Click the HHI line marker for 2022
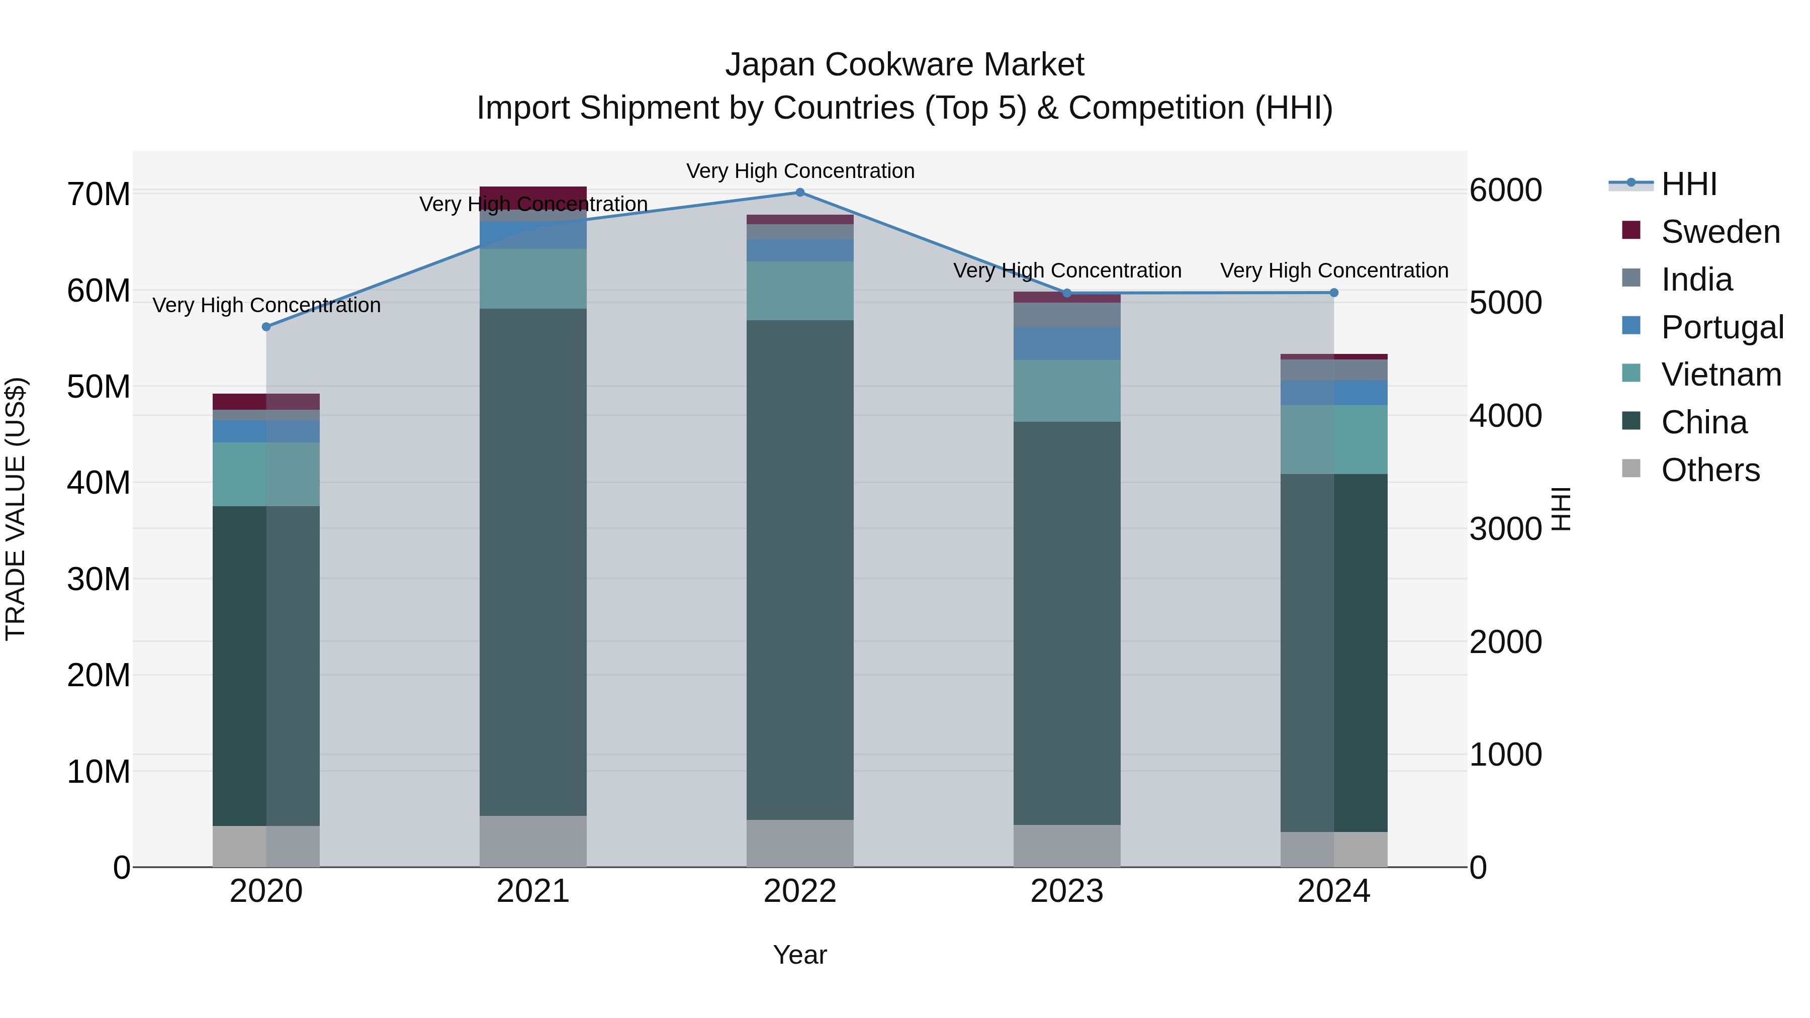799,193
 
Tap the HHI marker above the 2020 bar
266,327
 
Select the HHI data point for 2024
1333,293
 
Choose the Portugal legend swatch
1631,326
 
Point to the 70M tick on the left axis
99,195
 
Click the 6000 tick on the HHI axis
1505,191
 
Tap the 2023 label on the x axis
1066,891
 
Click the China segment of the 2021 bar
532,562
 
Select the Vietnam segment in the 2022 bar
799,291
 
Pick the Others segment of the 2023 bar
1066,846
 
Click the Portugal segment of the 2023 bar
1066,343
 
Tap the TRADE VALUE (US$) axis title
16,509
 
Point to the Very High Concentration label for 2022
799,171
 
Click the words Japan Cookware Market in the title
904,65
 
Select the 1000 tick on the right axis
1505,755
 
